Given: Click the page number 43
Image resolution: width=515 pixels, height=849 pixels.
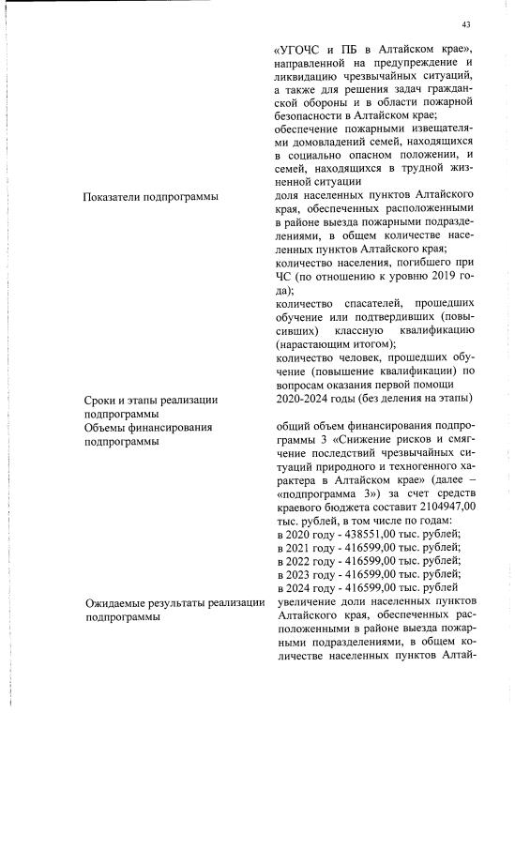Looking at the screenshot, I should (x=466, y=24).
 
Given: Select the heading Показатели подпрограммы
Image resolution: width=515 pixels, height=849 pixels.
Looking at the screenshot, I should (x=150, y=196).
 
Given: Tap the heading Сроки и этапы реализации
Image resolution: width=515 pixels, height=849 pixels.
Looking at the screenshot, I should (x=151, y=400).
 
